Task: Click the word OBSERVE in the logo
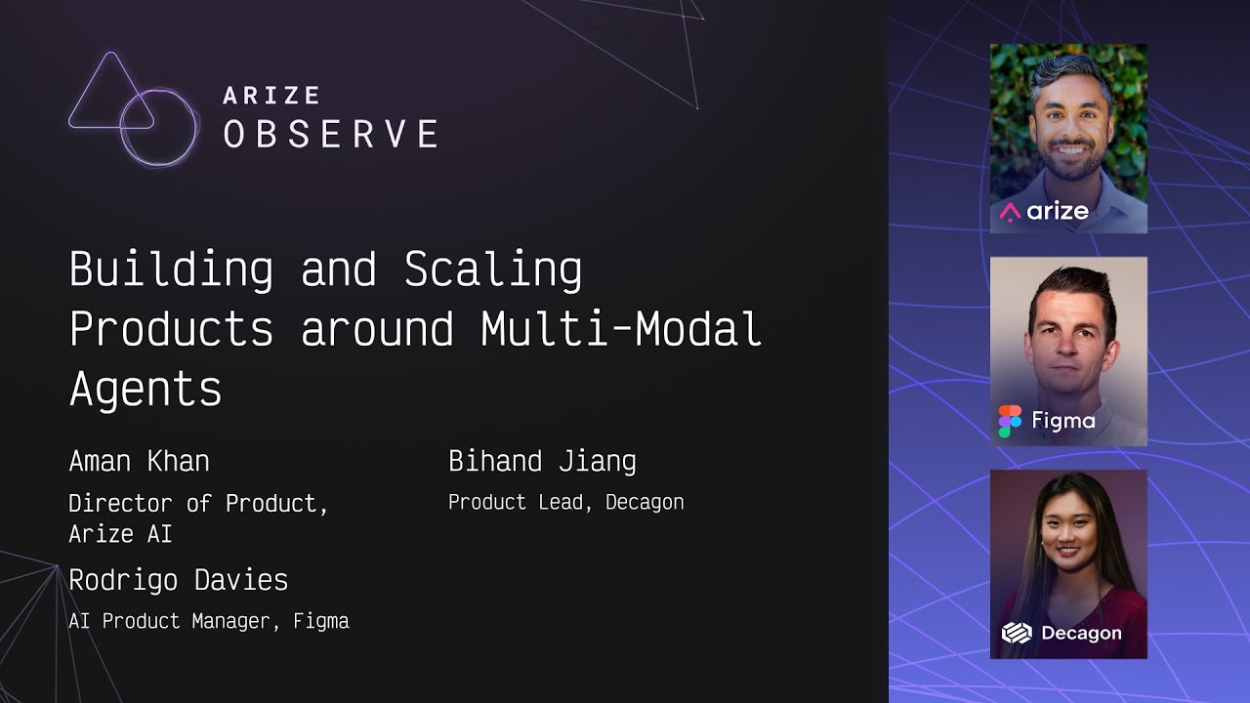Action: (331, 134)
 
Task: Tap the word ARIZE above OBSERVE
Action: (271, 96)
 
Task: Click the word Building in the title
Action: (171, 270)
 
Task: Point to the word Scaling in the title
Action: (493, 270)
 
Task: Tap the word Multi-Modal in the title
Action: (621, 328)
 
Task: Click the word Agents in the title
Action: (146, 389)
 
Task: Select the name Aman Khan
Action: (140, 462)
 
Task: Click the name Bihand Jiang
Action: (542, 462)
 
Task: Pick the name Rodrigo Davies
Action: (179, 580)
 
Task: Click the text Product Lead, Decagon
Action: (565, 502)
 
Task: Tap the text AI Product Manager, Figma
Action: (209, 621)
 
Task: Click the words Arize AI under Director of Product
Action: (120, 534)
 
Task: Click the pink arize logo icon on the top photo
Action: (1010, 212)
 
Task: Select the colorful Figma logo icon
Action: (1010, 421)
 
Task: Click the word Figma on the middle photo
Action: (1063, 421)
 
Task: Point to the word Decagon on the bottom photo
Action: (1081, 634)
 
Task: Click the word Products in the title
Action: (171, 329)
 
